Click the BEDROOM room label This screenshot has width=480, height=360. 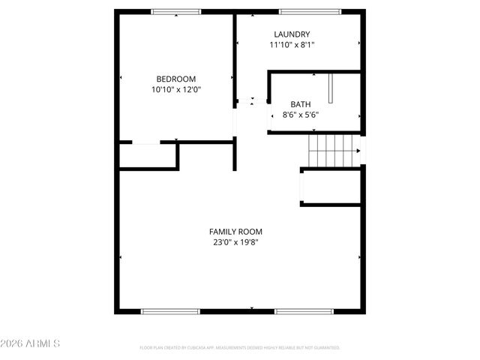(x=176, y=79)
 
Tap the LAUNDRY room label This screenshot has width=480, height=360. (x=292, y=34)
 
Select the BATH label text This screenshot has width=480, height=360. (x=301, y=105)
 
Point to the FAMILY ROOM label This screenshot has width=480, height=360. (x=235, y=232)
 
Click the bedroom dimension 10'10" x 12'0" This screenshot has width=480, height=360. (x=176, y=90)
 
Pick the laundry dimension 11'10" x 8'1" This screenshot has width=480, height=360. (x=292, y=45)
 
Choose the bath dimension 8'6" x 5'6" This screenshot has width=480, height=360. (x=301, y=115)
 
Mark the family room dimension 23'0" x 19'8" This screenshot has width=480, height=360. (x=235, y=242)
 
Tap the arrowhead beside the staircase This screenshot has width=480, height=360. (x=358, y=151)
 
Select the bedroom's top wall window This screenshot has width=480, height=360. (x=176, y=12)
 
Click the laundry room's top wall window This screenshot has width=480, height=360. (x=310, y=12)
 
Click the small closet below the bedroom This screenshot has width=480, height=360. (x=148, y=155)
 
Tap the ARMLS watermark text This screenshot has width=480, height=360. (x=31, y=343)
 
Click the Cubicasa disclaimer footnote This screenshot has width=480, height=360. (x=240, y=348)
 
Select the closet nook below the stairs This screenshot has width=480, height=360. (x=331, y=187)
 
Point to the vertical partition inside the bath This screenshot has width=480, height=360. (x=330, y=88)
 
